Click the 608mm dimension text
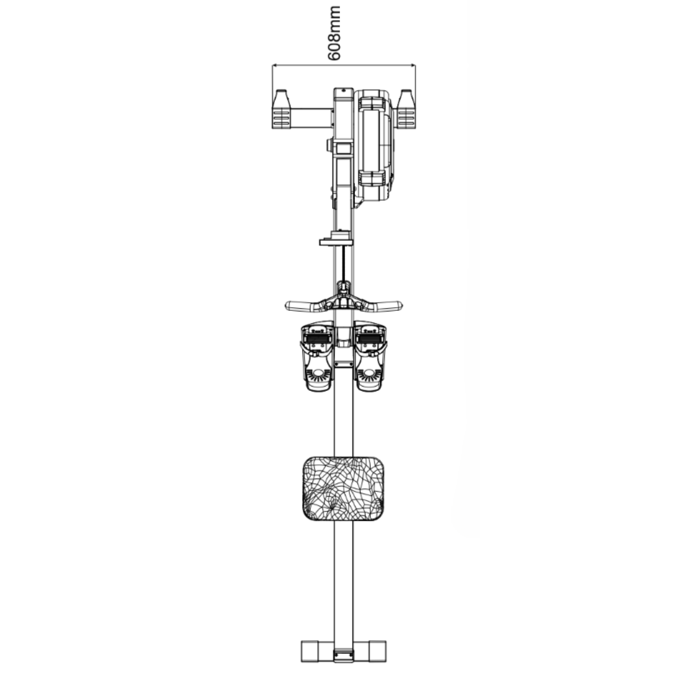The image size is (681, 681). (334, 33)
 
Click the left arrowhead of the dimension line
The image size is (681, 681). (276, 66)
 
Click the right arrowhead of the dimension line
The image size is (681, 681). (412, 66)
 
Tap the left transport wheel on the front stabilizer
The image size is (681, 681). (281, 109)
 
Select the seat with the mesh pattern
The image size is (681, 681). (344, 489)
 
